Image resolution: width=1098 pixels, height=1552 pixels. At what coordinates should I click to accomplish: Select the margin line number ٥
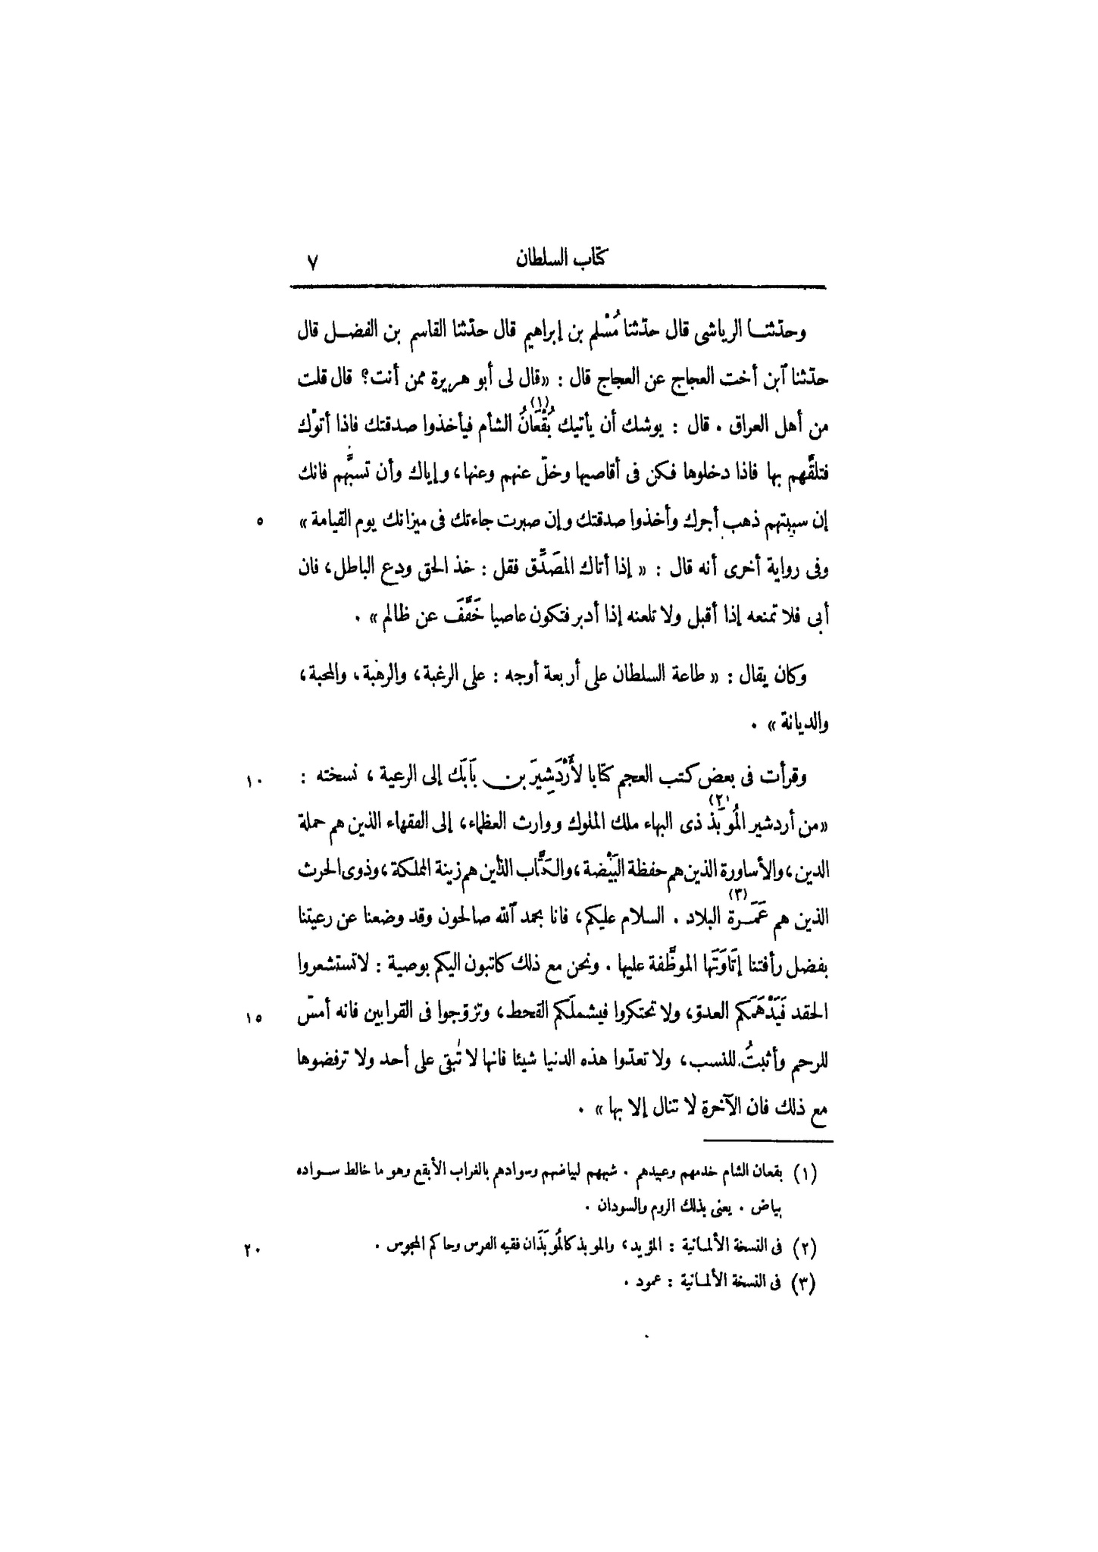[259, 522]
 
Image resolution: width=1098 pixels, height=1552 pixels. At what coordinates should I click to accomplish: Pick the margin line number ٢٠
[252, 1246]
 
